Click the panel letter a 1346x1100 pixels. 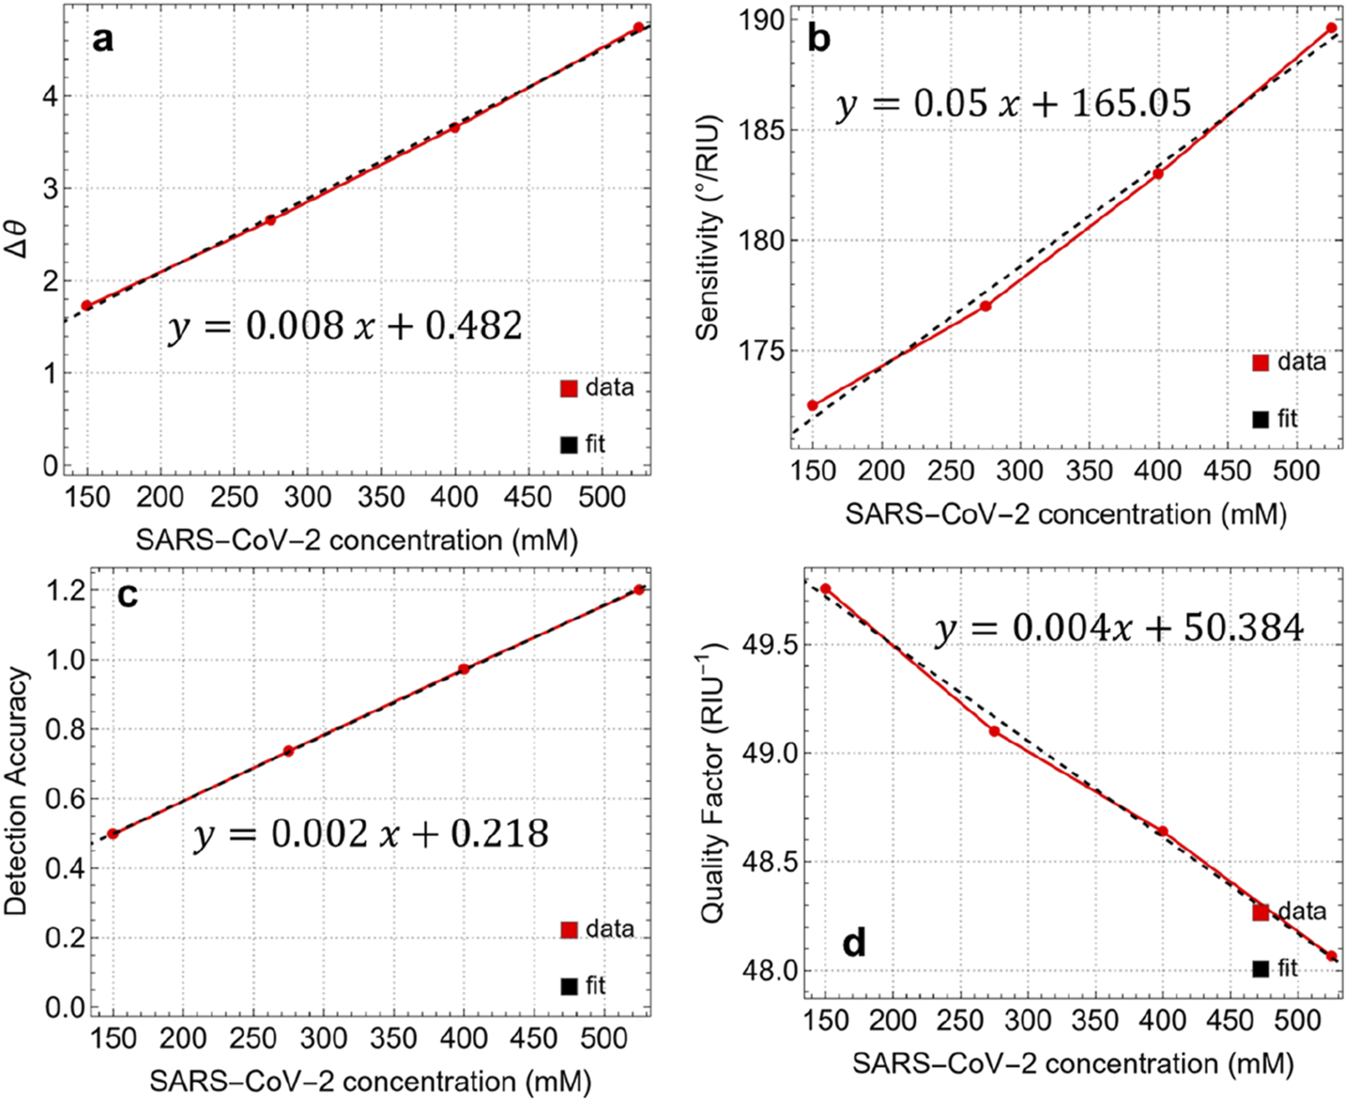pyautogui.click(x=103, y=40)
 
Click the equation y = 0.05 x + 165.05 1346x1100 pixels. pyautogui.click(x=1013, y=104)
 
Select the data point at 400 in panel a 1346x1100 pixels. pyautogui.click(x=454, y=128)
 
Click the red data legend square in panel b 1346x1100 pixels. pyautogui.click(x=1260, y=363)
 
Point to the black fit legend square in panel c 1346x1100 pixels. pyautogui.click(x=570, y=986)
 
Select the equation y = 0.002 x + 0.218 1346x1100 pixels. pyautogui.click(x=371, y=834)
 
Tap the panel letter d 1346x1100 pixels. pyautogui.click(x=854, y=943)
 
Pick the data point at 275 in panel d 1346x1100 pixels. pyautogui.click(x=994, y=731)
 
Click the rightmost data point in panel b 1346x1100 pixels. pyautogui.click(x=1331, y=28)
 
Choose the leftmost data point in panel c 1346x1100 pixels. pyautogui.click(x=113, y=833)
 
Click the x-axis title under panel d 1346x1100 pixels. pyautogui.click(x=1072, y=1064)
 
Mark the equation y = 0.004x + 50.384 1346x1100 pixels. pyautogui.click(x=1120, y=628)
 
